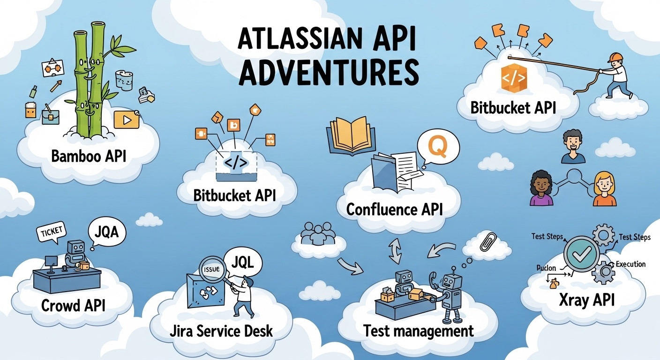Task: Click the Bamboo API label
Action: (89, 156)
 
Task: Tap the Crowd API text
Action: (73, 306)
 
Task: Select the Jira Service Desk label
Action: (221, 331)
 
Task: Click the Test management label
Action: (419, 331)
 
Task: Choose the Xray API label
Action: (586, 300)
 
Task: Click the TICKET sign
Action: (52, 233)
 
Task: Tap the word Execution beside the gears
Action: (630, 264)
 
